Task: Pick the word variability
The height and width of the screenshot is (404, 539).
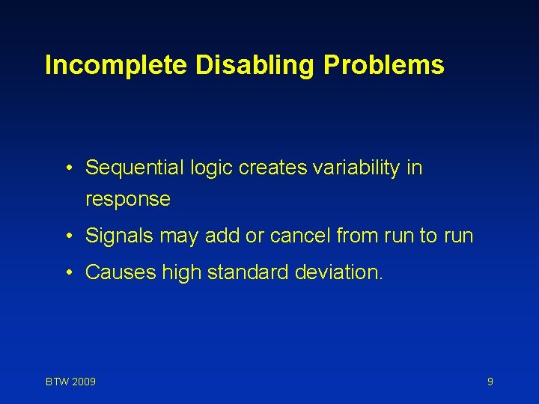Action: [x=350, y=168]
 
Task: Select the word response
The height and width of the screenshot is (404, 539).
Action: [x=128, y=201]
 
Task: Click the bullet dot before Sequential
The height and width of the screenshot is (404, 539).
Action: [x=68, y=168]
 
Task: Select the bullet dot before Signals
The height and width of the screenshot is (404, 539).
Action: [x=68, y=236]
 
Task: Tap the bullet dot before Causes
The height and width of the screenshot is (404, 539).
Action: [x=68, y=272]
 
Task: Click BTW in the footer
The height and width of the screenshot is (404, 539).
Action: [x=56, y=382]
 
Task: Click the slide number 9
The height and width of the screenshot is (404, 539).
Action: [x=490, y=382]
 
